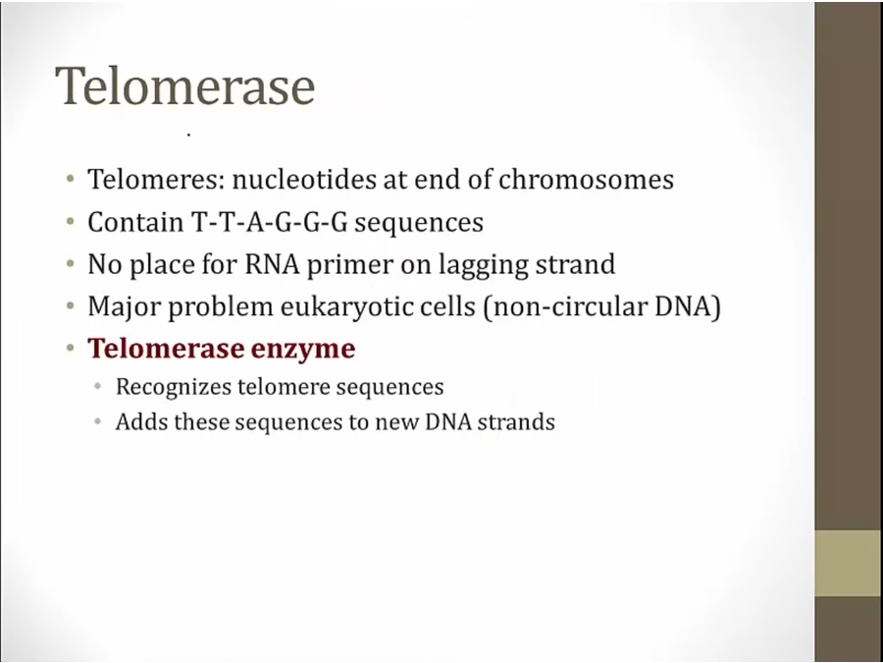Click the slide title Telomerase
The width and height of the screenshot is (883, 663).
tap(185, 85)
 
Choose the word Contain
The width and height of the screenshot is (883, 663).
tap(135, 222)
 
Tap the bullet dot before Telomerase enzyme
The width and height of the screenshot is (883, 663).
tap(70, 348)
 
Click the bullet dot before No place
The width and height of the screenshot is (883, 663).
tap(70, 263)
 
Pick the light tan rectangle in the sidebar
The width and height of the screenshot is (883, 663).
tap(849, 563)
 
